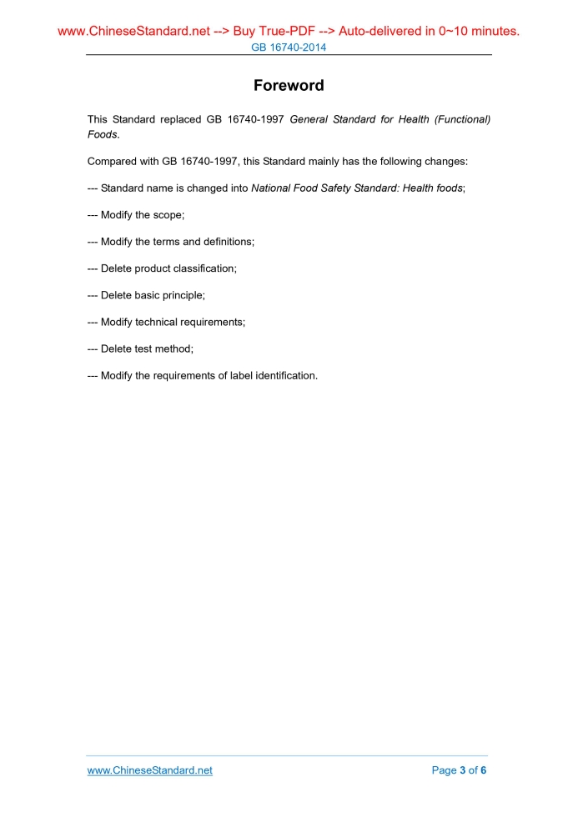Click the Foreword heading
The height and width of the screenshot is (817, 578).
point(289,86)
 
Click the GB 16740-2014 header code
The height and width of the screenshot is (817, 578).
point(289,48)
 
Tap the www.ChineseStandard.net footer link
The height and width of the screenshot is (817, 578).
point(150,770)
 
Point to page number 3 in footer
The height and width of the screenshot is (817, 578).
point(463,770)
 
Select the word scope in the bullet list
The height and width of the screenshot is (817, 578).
point(167,215)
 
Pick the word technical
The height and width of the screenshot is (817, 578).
point(161,322)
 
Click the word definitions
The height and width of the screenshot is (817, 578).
point(225,242)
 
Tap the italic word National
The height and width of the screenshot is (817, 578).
point(271,188)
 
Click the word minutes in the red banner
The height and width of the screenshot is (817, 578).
point(491,32)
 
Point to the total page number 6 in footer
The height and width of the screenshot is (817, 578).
point(483,770)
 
